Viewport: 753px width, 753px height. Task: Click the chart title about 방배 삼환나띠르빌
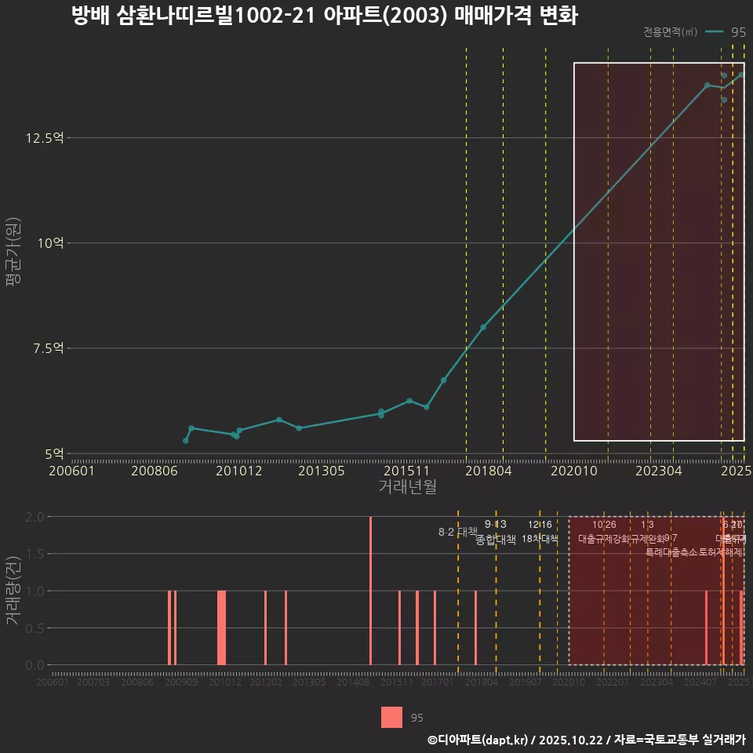pyautogui.click(x=324, y=16)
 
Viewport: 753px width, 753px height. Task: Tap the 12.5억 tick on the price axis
pyautogui.click(x=44, y=138)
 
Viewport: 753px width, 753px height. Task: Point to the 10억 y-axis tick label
pyautogui.click(x=49, y=243)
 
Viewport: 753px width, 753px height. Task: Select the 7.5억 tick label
pyautogui.click(x=46, y=348)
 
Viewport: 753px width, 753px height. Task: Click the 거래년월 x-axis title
pyautogui.click(x=407, y=487)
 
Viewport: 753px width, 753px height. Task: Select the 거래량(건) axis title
pyautogui.click(x=13, y=591)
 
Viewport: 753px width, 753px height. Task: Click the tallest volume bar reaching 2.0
pyautogui.click(x=370, y=591)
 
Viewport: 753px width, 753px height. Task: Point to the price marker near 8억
pyautogui.click(x=483, y=327)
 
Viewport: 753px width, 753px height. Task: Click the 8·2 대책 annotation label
pyautogui.click(x=457, y=532)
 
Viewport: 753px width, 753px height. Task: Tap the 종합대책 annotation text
pyautogui.click(x=496, y=540)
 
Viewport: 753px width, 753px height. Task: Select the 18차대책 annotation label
pyautogui.click(x=540, y=540)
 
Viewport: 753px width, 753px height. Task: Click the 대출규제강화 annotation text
pyautogui.click(x=603, y=540)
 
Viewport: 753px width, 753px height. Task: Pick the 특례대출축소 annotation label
pyautogui.click(x=671, y=551)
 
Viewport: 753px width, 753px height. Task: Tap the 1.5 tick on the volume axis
pyautogui.click(x=35, y=554)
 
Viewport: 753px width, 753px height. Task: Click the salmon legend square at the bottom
pyautogui.click(x=391, y=718)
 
